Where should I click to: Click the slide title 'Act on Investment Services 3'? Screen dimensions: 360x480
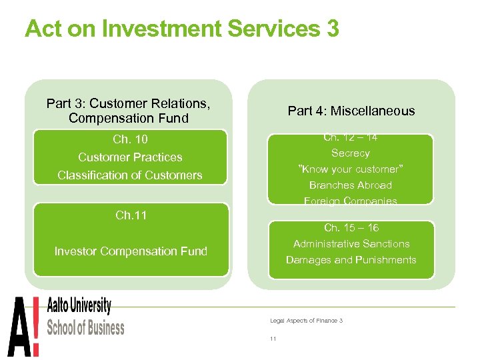tap(181, 29)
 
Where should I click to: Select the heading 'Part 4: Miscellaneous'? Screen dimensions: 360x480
tap(351, 111)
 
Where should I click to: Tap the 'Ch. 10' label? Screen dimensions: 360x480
tap(130, 139)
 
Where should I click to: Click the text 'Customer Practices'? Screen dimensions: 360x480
tap(130, 157)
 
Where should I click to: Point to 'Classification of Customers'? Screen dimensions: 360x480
tap(130, 175)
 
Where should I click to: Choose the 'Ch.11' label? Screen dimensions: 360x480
tap(131, 215)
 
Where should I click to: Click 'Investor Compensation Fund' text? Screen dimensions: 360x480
tap(131, 251)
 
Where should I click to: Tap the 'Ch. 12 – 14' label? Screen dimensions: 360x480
tap(351, 138)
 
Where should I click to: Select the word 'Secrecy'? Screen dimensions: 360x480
tap(351, 153)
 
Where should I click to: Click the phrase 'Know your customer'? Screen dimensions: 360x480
tap(351, 169)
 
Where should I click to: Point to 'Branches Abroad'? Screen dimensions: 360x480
tap(351, 185)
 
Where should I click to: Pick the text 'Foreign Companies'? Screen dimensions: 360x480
tap(351, 200)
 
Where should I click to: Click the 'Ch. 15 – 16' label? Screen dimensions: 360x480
tap(351, 228)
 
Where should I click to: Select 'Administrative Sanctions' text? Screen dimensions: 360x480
tap(351, 244)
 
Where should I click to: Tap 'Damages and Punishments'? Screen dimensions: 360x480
tap(351, 260)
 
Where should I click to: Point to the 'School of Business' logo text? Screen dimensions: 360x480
tap(85, 328)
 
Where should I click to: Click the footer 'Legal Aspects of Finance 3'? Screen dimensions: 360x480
tap(306, 321)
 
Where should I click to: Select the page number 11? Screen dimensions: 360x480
tap(273, 339)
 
